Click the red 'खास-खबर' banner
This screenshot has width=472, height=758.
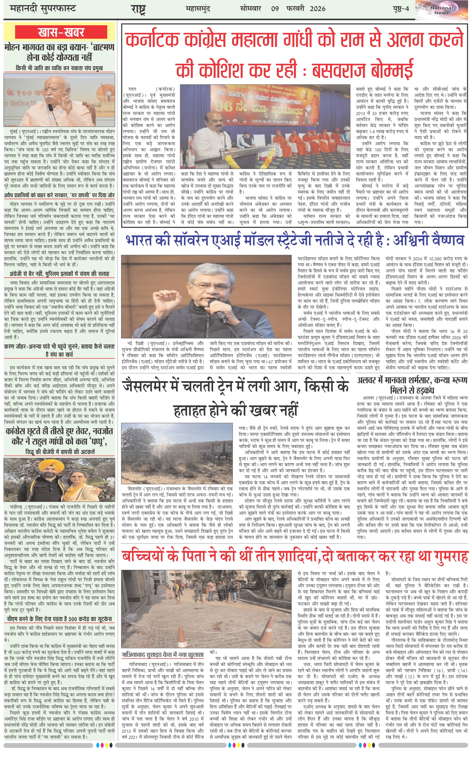click(x=61, y=32)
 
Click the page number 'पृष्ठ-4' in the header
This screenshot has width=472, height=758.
click(x=401, y=9)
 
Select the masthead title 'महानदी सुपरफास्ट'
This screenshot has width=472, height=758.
click(x=43, y=9)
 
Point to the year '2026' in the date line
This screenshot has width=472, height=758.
click(x=317, y=9)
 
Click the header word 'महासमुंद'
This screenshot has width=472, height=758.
click(x=198, y=9)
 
